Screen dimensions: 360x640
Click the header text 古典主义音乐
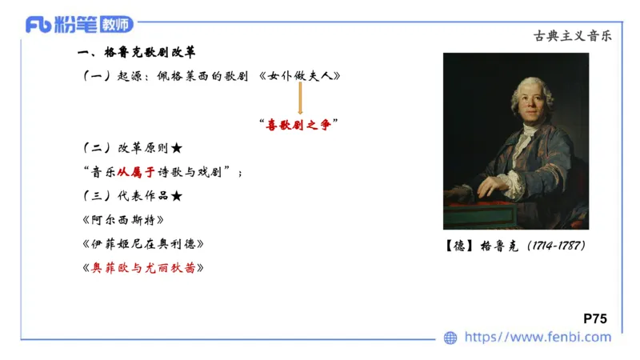[571, 36]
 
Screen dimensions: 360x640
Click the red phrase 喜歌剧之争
[299, 124]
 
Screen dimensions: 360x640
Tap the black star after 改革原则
[177, 149]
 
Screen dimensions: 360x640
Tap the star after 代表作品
[177, 195]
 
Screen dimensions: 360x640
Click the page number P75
[595, 318]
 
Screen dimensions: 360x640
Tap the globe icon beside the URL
[451, 338]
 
